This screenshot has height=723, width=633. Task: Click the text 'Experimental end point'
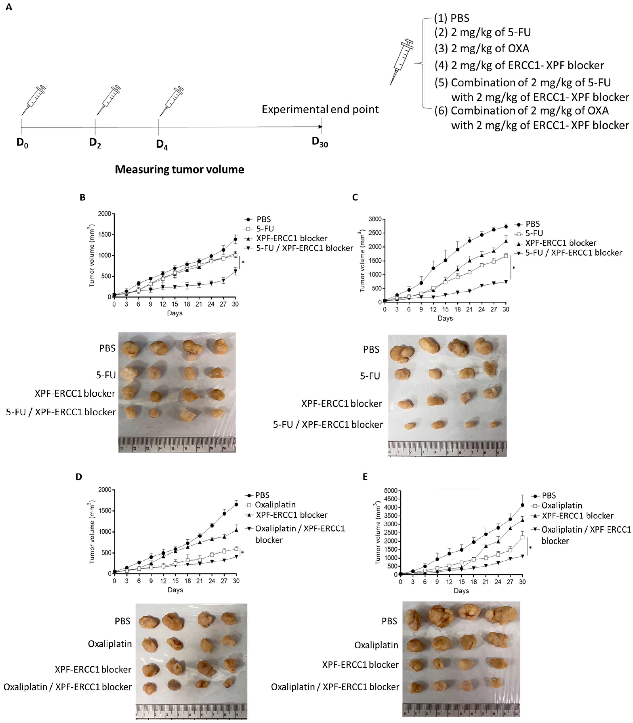coord(320,109)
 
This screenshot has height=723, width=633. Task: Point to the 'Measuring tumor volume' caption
coord(180,170)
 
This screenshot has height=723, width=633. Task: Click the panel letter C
coord(355,197)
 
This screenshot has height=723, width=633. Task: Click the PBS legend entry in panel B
coord(263,219)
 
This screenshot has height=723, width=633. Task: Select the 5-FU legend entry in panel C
coord(534,233)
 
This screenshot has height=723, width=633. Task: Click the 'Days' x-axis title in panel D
coord(175,590)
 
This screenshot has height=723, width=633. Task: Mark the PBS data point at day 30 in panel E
coord(522,505)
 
